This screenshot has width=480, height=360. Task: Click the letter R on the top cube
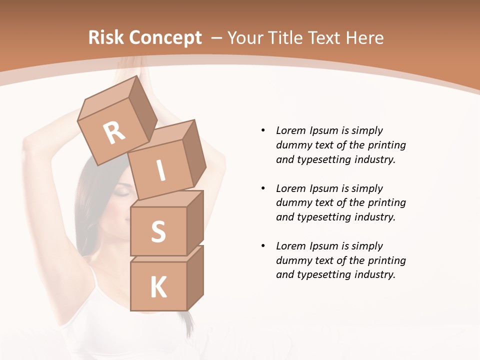pos(114,132)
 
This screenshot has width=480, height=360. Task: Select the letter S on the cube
pos(158,231)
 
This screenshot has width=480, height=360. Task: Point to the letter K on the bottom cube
pos(158,287)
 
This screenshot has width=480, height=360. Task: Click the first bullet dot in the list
pos(263,130)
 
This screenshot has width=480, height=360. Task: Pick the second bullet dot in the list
pos(263,188)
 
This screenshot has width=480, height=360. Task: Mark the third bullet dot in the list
pos(263,246)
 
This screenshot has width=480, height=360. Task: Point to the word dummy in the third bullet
pos(292,260)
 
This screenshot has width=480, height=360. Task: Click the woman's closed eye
pos(123,191)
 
